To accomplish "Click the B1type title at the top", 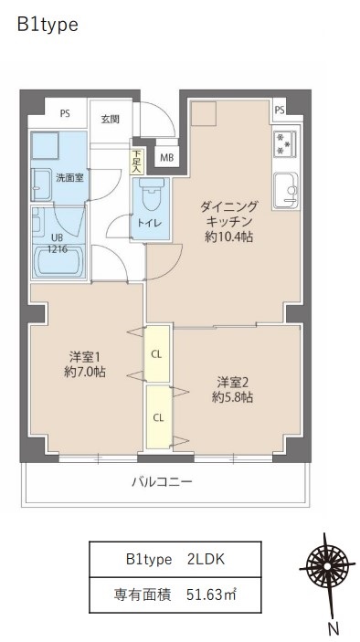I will click(x=48, y=26).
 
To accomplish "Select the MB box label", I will click(x=166, y=157).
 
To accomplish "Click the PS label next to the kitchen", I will click(x=279, y=111).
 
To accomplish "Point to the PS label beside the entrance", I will click(x=65, y=114).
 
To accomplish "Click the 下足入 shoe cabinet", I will click(x=136, y=161).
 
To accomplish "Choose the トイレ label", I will click(x=150, y=223).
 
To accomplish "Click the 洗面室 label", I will click(x=69, y=177).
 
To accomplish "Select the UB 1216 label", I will click(x=58, y=243).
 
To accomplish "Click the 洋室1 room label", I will click(x=85, y=356).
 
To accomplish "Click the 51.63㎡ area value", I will click(x=213, y=596).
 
